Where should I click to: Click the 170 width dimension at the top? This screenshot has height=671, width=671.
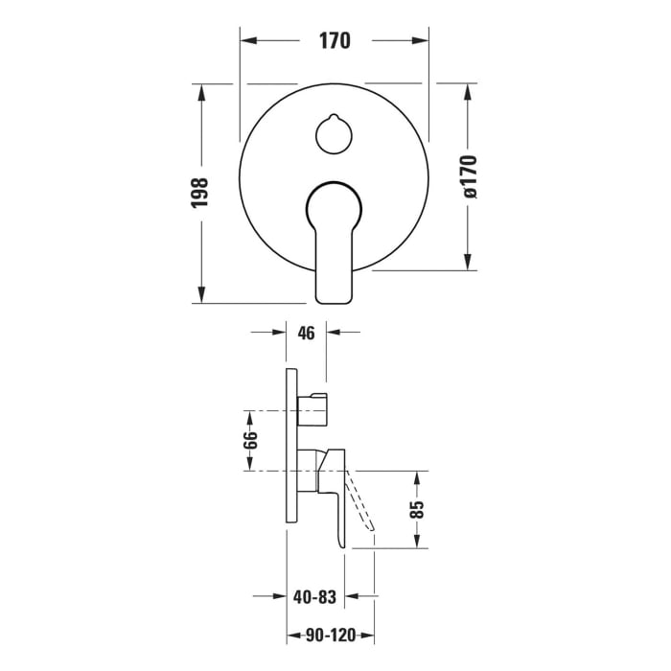pos(335,41)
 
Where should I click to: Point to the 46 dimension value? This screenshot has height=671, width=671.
pos(306,334)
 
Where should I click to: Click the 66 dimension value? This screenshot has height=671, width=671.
pos(249,441)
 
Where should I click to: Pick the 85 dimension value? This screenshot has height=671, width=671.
pos(418,509)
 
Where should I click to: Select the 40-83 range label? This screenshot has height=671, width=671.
pos(315,597)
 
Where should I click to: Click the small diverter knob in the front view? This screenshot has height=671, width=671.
pos(335,132)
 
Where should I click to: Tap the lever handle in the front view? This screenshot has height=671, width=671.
pos(334,240)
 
